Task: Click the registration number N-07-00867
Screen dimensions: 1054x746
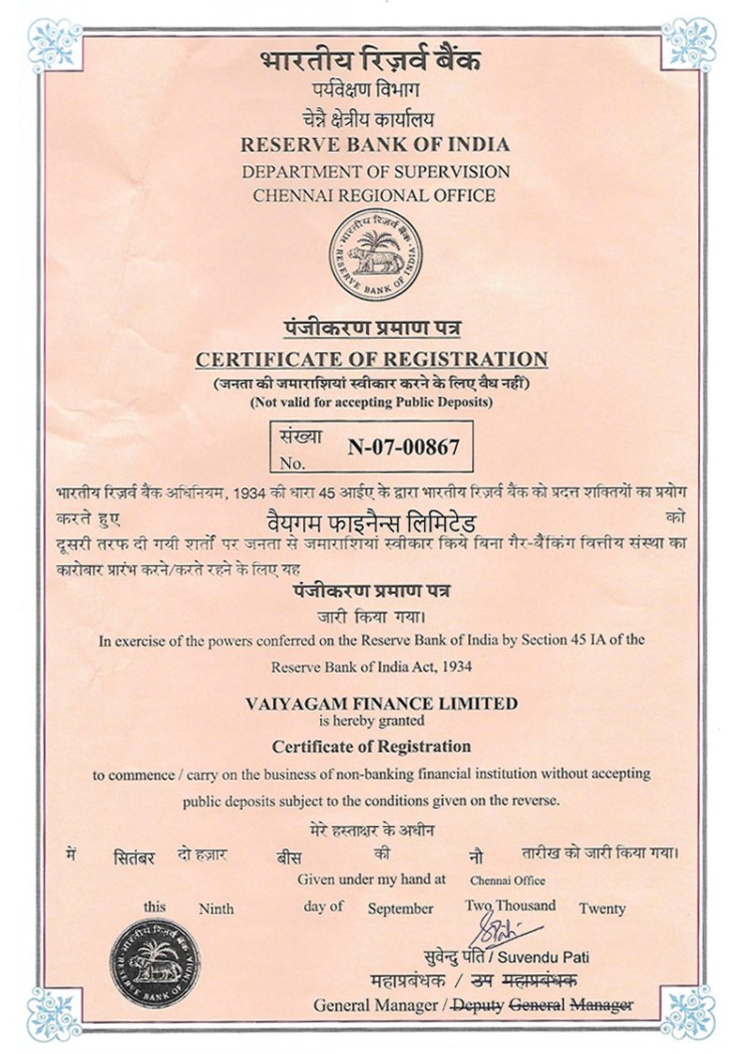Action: pyautogui.click(x=403, y=448)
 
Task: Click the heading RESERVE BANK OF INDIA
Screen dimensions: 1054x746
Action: pyautogui.click(x=375, y=145)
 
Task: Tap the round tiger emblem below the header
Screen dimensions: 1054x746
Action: pyautogui.click(x=375, y=254)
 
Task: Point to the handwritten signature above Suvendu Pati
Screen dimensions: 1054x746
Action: pyautogui.click(x=506, y=931)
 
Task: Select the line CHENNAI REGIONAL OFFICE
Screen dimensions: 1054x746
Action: pyautogui.click(x=375, y=195)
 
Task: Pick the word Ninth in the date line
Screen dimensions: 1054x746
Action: pyautogui.click(x=216, y=909)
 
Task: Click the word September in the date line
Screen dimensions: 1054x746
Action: pyautogui.click(x=401, y=909)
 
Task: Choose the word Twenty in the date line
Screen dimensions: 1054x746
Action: pyautogui.click(x=601, y=909)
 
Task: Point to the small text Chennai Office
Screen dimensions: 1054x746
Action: pyautogui.click(x=508, y=880)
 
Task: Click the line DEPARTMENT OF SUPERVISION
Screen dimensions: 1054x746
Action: pyautogui.click(x=375, y=172)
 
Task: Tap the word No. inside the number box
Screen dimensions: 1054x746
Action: pyautogui.click(x=293, y=463)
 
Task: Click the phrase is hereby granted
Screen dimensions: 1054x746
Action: pyautogui.click(x=373, y=721)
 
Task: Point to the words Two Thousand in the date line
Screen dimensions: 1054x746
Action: pyautogui.click(x=510, y=906)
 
